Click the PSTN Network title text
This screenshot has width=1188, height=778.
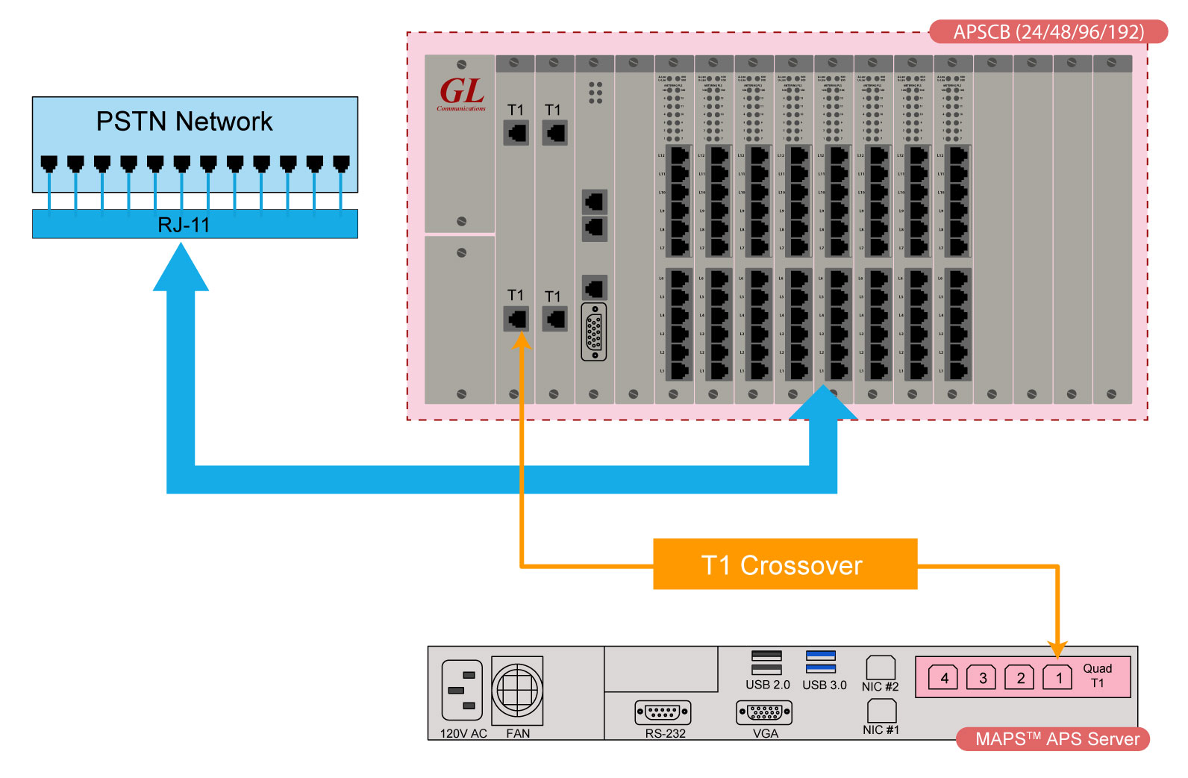click(184, 122)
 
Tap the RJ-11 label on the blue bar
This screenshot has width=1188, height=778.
click(184, 225)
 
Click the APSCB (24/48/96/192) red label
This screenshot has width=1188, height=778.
click(1048, 32)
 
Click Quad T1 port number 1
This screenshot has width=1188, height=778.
click(1057, 677)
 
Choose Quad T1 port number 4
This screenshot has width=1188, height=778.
click(943, 677)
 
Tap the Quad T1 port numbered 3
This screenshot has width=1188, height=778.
click(981, 677)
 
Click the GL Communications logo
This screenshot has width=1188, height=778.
click(461, 94)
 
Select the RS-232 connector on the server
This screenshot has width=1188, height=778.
click(663, 712)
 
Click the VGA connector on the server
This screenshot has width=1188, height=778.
click(764, 712)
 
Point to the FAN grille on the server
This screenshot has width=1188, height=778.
click(517, 691)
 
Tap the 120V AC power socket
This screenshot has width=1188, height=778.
click(462, 691)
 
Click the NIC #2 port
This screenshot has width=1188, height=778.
click(881, 667)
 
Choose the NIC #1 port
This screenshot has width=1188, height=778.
click(881, 710)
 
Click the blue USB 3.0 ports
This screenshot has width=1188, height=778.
click(821, 662)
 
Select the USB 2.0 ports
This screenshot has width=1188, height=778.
click(766, 662)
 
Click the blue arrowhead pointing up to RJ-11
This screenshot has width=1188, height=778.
click(181, 269)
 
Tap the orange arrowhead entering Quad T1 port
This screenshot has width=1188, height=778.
click(1057, 647)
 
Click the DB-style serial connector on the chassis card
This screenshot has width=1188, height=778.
click(594, 332)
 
